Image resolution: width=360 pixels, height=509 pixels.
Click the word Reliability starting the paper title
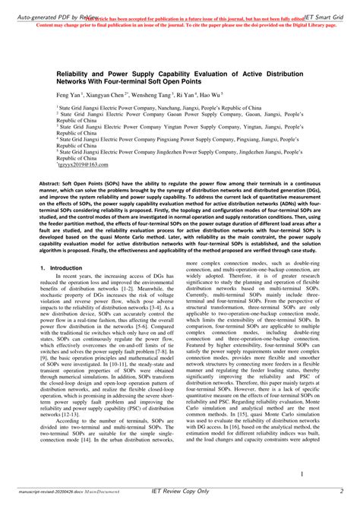point(75,68)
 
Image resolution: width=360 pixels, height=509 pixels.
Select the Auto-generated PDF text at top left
point(30,5)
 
